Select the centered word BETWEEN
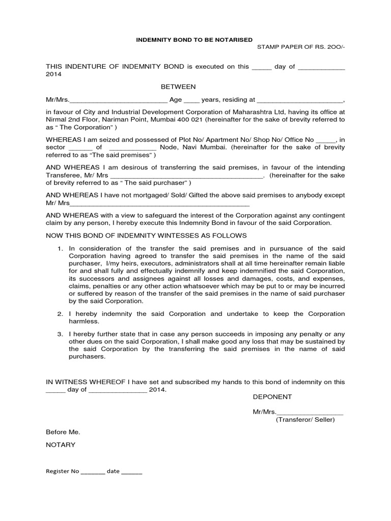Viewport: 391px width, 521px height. tap(179, 87)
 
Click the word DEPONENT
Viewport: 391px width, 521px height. tap(272, 396)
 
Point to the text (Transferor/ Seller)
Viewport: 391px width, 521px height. tap(305, 420)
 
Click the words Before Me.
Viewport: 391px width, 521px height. tap(63, 432)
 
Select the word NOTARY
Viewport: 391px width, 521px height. tap(61, 445)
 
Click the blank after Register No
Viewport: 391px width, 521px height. tap(93, 472)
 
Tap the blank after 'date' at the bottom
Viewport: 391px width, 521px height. tap(132, 472)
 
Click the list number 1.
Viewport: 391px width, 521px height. tap(60, 248)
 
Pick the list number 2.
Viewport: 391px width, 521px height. tap(60, 314)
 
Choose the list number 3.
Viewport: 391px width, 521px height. tap(60, 334)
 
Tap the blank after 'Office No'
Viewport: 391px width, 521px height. tap(326, 139)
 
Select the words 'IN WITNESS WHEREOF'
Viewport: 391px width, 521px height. tap(81, 382)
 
